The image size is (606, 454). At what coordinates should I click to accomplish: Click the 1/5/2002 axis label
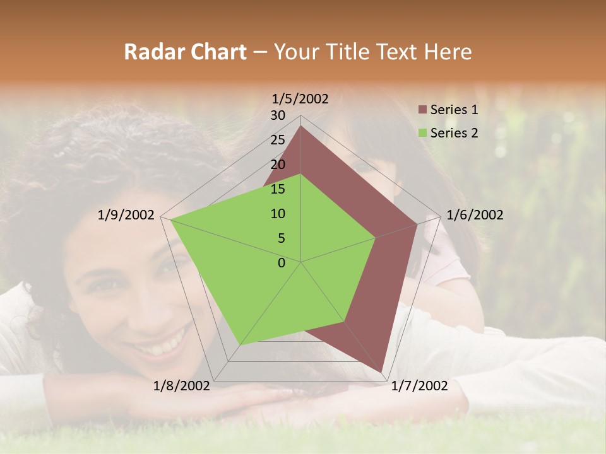(300, 98)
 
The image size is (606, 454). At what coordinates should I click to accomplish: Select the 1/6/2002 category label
(475, 215)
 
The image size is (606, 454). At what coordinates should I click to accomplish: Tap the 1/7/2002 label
(419, 386)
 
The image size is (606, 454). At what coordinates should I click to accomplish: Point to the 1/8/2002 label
(181, 386)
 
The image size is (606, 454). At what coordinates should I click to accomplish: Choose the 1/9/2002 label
(126, 215)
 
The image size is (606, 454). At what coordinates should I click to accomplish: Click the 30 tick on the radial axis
(278, 115)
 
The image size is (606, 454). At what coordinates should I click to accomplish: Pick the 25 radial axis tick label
(278, 140)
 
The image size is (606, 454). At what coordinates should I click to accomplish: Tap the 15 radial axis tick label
(278, 189)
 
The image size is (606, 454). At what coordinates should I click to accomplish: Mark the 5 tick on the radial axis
(281, 238)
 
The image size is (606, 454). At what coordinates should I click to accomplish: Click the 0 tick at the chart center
(282, 263)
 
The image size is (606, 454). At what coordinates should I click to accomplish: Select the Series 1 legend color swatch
(423, 110)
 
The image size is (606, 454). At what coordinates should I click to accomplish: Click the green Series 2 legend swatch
(423, 133)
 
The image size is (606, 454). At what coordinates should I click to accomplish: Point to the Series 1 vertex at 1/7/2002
(382, 372)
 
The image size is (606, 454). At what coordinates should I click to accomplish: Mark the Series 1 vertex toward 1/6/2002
(417, 224)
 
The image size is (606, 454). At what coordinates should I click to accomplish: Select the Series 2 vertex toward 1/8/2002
(240, 344)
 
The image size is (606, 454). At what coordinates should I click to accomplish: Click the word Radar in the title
(151, 52)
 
